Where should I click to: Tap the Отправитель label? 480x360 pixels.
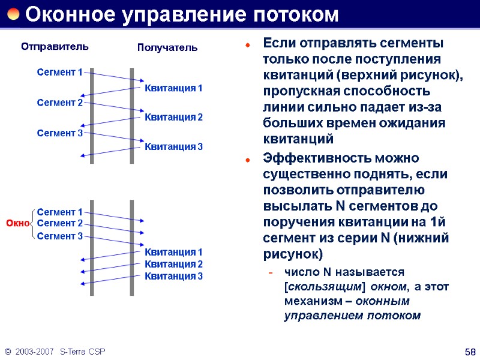55,46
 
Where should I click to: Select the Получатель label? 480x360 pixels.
167,47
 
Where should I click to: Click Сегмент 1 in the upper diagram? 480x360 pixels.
59,73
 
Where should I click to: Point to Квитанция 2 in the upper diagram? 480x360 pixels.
174,117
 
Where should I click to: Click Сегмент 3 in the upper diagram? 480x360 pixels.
59,133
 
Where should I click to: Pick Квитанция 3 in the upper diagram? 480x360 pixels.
174,146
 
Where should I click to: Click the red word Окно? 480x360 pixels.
17,224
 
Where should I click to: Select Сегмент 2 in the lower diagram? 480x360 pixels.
59,223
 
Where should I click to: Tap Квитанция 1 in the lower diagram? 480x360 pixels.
174,252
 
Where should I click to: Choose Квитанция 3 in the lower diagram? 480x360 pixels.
174,276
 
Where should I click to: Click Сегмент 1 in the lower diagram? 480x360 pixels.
59,212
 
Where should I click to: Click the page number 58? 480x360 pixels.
470,351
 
